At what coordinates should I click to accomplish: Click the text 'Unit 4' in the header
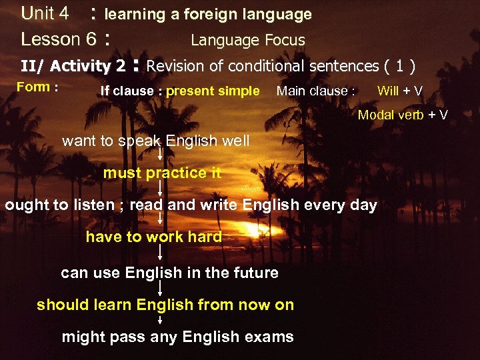point(45,13)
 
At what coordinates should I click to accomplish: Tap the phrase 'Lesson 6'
point(59,39)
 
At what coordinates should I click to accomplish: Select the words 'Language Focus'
point(247,40)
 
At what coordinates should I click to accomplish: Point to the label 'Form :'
point(37,87)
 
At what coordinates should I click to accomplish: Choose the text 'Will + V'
point(399,91)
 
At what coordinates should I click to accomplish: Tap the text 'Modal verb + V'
point(403,115)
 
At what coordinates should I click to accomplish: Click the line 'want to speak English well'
point(155,141)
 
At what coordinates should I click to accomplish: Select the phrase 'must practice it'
point(162,173)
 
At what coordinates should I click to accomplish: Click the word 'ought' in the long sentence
point(25,205)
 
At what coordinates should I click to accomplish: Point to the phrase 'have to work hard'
point(153,237)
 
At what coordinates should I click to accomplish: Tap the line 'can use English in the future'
point(169,273)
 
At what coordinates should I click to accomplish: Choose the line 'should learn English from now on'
point(165,305)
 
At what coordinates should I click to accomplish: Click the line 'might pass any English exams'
point(177,337)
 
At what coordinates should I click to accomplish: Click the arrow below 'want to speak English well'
point(160,155)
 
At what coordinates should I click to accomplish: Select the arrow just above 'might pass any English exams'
point(160,321)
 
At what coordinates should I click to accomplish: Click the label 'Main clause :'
point(315,91)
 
